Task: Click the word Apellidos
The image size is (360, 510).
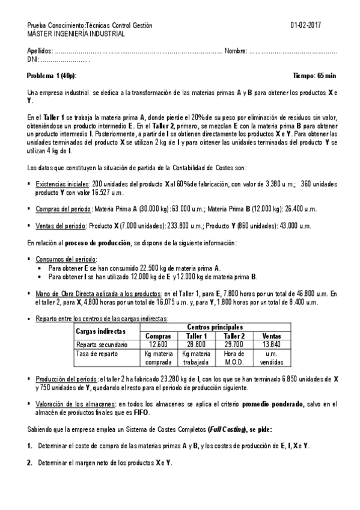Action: (x=40, y=51)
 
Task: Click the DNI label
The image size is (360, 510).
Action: (x=33, y=59)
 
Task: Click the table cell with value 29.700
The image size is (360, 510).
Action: (x=234, y=344)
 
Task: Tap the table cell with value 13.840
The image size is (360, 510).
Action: (x=271, y=344)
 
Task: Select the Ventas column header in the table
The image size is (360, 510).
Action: (x=271, y=336)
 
